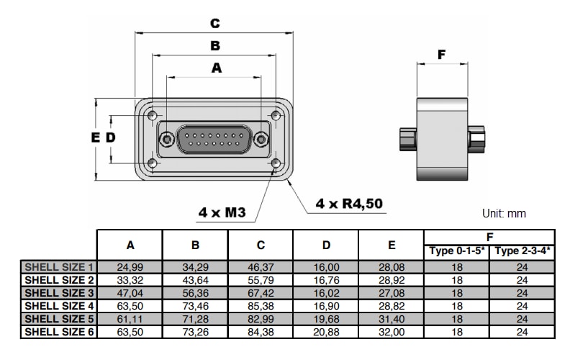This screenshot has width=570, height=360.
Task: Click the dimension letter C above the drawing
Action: (214, 23)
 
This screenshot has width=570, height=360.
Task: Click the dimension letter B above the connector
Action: (214, 46)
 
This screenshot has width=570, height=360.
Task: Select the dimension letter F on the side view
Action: (442, 55)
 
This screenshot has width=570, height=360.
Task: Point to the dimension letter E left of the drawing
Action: (95, 138)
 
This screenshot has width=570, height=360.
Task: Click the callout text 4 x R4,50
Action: (349, 204)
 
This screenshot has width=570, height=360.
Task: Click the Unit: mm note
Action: (505, 214)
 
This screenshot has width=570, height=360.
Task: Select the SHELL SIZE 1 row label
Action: (60, 266)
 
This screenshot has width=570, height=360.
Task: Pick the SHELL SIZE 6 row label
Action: (60, 332)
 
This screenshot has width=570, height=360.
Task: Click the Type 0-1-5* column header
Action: (457, 251)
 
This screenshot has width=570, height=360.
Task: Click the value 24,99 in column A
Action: (130, 266)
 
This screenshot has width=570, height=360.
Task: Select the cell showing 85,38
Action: (261, 306)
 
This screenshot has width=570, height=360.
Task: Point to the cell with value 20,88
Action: (326, 332)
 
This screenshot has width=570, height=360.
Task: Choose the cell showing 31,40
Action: (392, 319)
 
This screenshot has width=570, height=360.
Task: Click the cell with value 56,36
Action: (196, 293)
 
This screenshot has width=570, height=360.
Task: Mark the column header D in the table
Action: (326, 245)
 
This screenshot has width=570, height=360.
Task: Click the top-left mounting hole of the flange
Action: (152, 115)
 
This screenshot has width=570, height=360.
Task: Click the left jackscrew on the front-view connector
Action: (167, 139)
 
